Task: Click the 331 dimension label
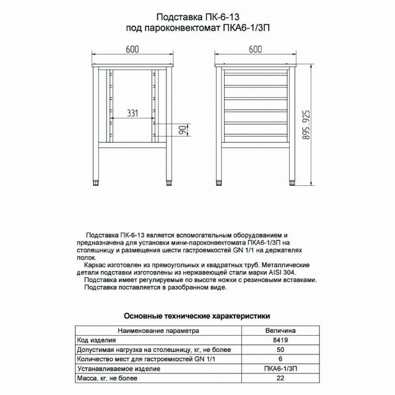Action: tap(132, 114)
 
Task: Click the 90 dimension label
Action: tap(181, 130)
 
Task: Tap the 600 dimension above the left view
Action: tap(132, 49)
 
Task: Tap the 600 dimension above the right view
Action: tap(255, 49)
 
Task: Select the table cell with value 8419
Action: tap(280, 340)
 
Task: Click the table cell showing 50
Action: tap(280, 350)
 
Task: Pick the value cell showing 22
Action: tap(280, 378)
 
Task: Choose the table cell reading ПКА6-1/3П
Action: tap(280, 369)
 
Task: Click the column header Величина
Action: tap(280, 330)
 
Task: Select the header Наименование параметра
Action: tap(158, 330)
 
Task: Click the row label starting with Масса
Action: tap(107, 378)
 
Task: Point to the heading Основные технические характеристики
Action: tap(197, 316)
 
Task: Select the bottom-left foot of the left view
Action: tap(96, 182)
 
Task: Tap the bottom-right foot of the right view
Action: tap(292, 182)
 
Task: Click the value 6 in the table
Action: tap(280, 359)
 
